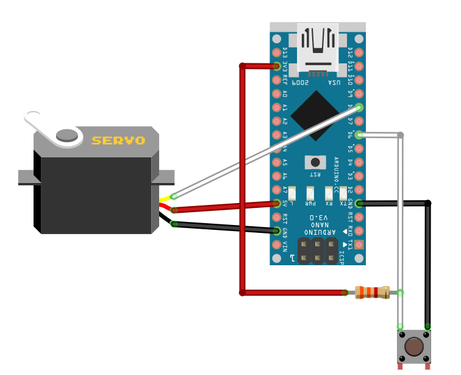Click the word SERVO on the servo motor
[118, 140]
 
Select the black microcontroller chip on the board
[315, 116]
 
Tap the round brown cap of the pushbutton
[415, 346]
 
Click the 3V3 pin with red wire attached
[277, 66]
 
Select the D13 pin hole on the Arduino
[277, 52]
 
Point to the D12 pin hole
[359, 52]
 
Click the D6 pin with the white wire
[359, 135]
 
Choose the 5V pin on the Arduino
[277, 203]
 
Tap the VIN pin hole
[277, 244]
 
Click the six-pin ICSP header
[318, 250]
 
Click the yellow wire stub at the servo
[166, 199]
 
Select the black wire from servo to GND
[226, 227]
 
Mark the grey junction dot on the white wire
[400, 135]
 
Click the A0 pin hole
[277, 93]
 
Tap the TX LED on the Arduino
[344, 193]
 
